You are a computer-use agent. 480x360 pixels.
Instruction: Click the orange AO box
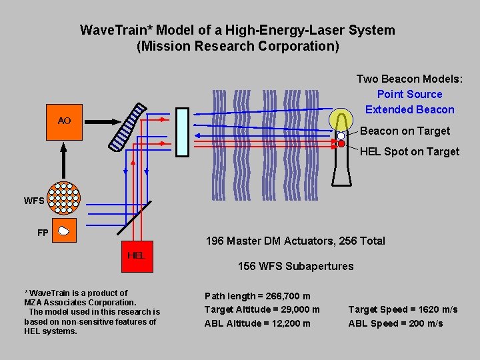[x=64, y=121]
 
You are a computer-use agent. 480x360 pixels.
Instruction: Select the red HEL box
[x=136, y=255]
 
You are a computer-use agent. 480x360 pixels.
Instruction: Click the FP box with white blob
[x=64, y=231]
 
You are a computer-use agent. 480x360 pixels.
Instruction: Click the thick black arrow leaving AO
[x=100, y=121]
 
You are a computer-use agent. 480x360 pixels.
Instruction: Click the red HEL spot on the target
[x=341, y=143]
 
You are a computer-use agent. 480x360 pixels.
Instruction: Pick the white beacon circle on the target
[x=341, y=135]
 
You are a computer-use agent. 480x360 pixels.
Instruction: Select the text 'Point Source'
[x=409, y=94]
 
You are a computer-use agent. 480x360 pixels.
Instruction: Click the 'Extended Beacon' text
[x=409, y=109]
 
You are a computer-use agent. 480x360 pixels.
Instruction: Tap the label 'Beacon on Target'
[x=405, y=131]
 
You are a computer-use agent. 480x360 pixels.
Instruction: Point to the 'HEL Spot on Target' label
[x=409, y=151]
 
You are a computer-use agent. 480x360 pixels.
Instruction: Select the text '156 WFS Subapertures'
[x=295, y=266]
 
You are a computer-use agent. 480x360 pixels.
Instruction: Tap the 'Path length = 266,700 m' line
[x=257, y=295]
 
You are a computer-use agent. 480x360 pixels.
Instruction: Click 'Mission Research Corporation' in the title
[x=237, y=47]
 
